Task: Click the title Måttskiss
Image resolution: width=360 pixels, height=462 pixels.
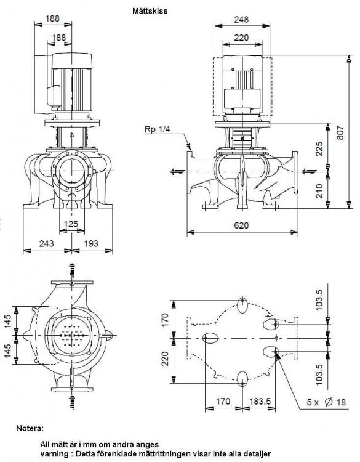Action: click(x=150, y=11)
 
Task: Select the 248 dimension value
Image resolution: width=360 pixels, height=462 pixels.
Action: click(x=241, y=20)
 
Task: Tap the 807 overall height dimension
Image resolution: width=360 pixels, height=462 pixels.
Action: click(x=340, y=132)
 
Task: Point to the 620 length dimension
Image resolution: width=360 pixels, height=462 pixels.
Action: click(x=241, y=225)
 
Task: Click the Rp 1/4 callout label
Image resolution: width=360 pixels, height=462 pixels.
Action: click(x=157, y=129)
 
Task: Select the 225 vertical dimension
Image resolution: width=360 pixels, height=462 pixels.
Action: click(x=319, y=149)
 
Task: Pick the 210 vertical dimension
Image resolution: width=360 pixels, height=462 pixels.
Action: click(x=319, y=191)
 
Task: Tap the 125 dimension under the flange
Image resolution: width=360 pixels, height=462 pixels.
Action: click(x=71, y=224)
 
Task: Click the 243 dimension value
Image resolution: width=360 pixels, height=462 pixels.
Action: click(x=47, y=243)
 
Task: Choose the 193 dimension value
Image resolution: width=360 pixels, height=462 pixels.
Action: click(x=91, y=243)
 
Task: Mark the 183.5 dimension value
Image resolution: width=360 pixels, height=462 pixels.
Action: click(x=260, y=401)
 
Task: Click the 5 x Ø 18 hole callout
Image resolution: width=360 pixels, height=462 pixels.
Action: click(x=326, y=402)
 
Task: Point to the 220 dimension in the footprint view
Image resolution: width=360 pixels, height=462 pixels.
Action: click(x=165, y=359)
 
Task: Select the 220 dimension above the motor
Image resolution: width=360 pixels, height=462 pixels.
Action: click(x=241, y=38)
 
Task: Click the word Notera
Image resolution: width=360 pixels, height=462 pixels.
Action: click(x=30, y=428)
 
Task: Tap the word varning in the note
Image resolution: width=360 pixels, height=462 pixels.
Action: click(x=55, y=454)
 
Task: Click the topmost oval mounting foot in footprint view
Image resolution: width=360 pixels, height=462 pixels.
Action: click(x=242, y=305)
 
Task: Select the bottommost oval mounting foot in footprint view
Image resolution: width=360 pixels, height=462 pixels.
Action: click(x=242, y=379)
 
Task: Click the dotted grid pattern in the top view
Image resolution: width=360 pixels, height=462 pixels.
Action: click(x=72, y=335)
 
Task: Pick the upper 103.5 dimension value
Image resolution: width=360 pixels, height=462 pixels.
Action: click(x=319, y=299)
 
